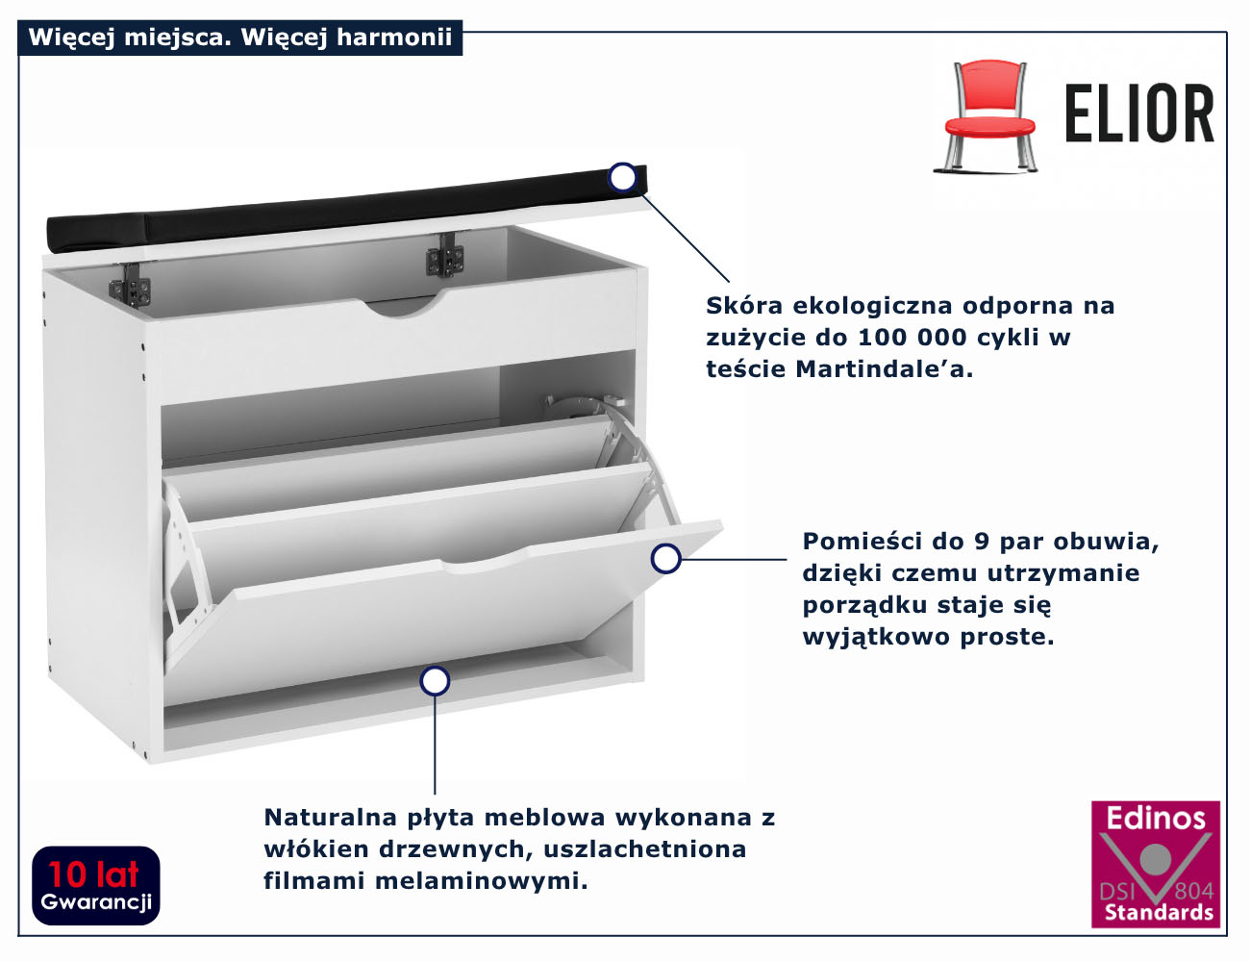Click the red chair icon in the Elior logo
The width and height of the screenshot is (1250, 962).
988,115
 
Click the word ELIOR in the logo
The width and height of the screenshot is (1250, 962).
1139,114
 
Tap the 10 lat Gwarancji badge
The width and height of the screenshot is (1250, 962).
96,885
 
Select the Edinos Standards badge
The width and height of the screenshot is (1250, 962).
1155,864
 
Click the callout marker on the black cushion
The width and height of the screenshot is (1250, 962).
623,177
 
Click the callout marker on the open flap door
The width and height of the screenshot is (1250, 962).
665,558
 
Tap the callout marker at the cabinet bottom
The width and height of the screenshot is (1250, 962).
435,681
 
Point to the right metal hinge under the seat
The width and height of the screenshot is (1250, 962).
445,256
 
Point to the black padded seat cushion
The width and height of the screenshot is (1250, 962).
337,213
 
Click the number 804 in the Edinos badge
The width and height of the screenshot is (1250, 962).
1193,891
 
